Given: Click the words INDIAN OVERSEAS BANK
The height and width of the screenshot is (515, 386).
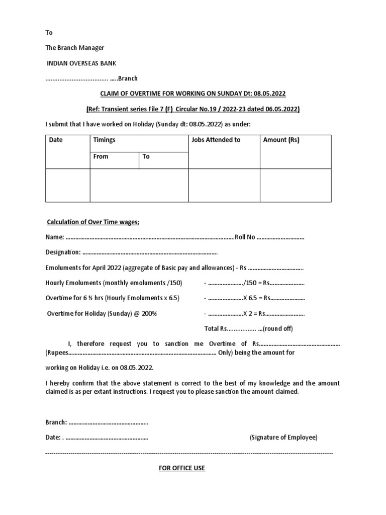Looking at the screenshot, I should pos(84,63).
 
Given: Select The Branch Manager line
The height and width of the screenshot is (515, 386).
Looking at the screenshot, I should pos(75,48).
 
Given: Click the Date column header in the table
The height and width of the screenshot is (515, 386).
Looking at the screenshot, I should pos(56,140).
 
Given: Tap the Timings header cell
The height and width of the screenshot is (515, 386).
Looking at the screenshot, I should pos(105,140).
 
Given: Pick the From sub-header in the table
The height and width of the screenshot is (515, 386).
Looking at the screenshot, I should pos(101,156).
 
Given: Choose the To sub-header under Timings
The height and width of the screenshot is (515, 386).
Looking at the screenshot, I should pos(146,156).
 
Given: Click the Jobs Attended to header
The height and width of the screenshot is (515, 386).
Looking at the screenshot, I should pos(216,140).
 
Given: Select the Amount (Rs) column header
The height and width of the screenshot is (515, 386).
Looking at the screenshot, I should pos(281,140).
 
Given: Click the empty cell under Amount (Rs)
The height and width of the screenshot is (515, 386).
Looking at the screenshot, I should pos(295,185).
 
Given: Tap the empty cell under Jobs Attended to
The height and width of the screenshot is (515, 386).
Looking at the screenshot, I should pos(224,185).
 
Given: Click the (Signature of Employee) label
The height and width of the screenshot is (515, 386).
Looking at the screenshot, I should pos(283,438).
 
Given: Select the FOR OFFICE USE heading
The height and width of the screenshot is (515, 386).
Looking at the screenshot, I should pos(182,468).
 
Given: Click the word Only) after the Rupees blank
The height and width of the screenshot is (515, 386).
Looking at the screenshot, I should pos(226,353).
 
